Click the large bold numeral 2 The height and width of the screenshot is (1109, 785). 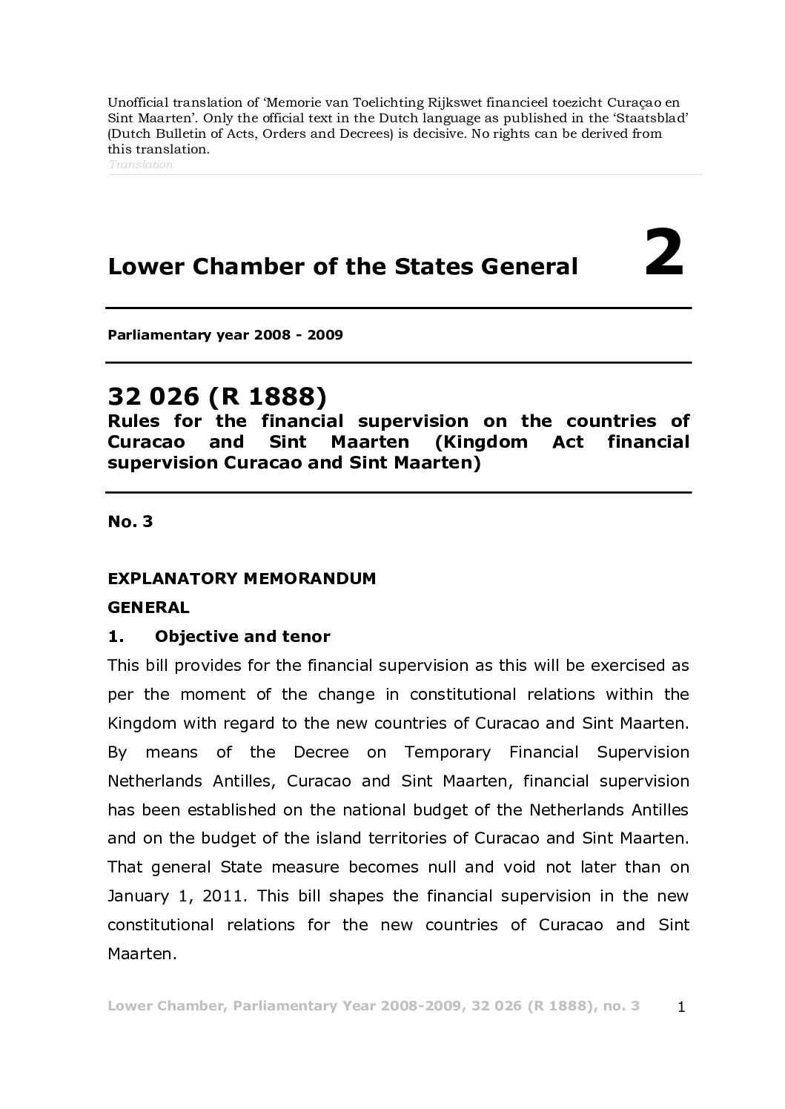664,254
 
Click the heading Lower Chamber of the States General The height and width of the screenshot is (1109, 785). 342,266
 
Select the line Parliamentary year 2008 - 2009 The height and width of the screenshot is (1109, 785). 225,335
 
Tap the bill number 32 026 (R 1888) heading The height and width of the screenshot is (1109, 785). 217,397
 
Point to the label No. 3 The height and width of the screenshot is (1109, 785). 130,521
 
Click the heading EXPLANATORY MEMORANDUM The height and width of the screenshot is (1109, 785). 242,578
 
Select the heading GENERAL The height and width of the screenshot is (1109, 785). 148,608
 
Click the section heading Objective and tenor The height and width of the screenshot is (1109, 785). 242,637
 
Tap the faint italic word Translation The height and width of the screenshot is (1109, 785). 141,165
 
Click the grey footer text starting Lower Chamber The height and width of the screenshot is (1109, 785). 374,1006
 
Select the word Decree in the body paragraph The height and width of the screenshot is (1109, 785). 321,752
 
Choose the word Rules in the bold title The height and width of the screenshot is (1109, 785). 133,422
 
